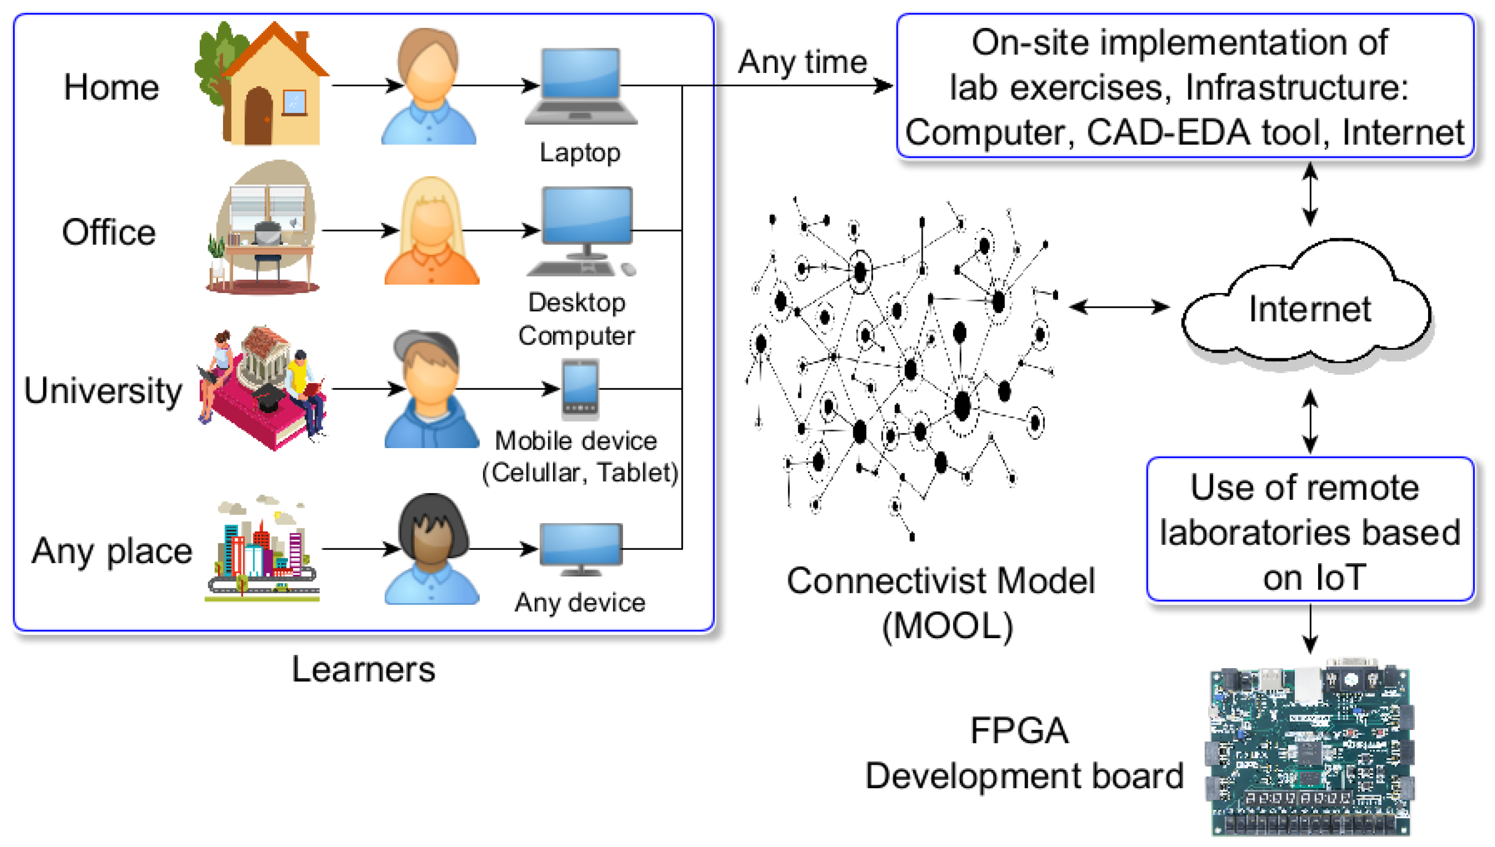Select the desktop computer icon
pyautogui.click(x=587, y=230)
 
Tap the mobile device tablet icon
pyautogui.click(x=580, y=389)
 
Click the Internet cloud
pyautogui.click(x=1309, y=308)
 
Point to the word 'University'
pyautogui.click(x=103, y=390)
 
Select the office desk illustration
pyautogui.click(x=265, y=230)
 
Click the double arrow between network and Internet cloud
pyautogui.click(x=1119, y=307)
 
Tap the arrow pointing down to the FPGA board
pyautogui.click(x=1310, y=628)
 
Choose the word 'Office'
pyautogui.click(x=109, y=232)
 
